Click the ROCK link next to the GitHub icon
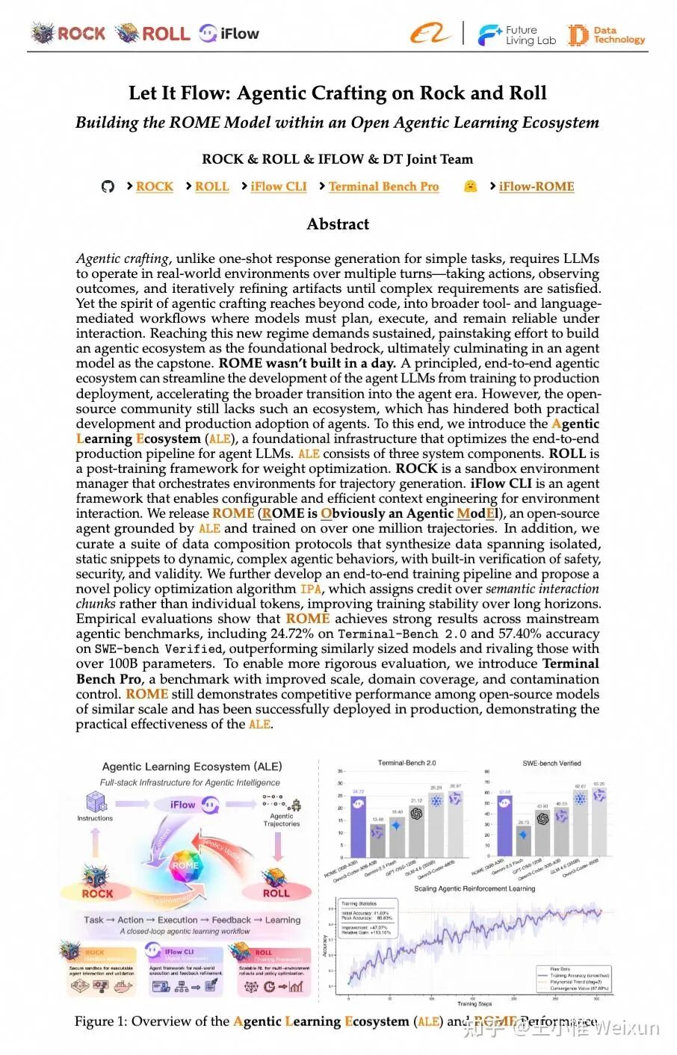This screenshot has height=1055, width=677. pyautogui.click(x=154, y=187)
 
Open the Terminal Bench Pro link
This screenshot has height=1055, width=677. pyautogui.click(x=383, y=187)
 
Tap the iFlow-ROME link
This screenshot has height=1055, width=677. pyautogui.click(x=536, y=187)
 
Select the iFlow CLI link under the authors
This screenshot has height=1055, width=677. pyautogui.click(x=279, y=187)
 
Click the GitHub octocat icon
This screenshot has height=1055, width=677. pyautogui.click(x=108, y=187)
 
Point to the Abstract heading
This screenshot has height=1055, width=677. pyautogui.click(x=338, y=224)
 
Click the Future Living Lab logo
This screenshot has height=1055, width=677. pyautogui.click(x=517, y=35)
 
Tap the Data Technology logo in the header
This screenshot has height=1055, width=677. pyautogui.click(x=606, y=35)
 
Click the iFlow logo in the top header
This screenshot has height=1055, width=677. pyautogui.click(x=229, y=34)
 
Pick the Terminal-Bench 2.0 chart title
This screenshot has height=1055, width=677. pyautogui.click(x=406, y=763)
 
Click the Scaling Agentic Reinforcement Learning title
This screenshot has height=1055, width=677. pyautogui.click(x=474, y=888)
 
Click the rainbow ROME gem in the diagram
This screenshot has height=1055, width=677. pyautogui.click(x=185, y=865)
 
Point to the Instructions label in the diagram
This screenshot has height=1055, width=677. pyautogui.click(x=95, y=818)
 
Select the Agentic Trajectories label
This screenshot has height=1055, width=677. pyautogui.click(x=282, y=820)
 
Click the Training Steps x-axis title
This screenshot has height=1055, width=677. pyautogui.click(x=474, y=1003)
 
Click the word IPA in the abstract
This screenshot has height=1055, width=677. pyautogui.click(x=310, y=590)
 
